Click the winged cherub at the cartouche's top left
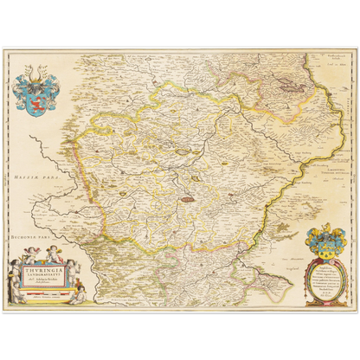[32, 257]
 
